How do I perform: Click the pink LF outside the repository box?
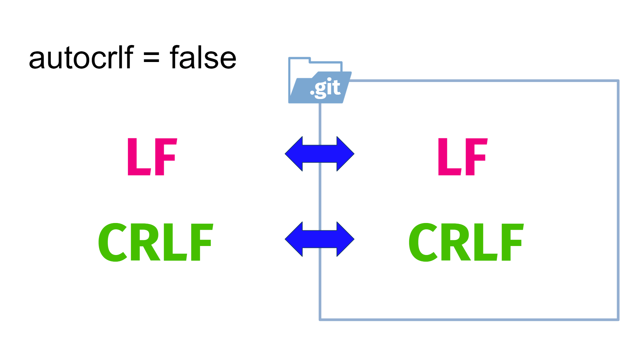pos(152,157)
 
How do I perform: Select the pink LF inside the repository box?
pos(463,157)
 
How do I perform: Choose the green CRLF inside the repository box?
pos(466,242)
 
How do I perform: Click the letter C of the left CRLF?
pos(113,242)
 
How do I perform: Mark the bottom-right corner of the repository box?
pos(618,319)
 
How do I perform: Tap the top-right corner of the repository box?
pos(618,81)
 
